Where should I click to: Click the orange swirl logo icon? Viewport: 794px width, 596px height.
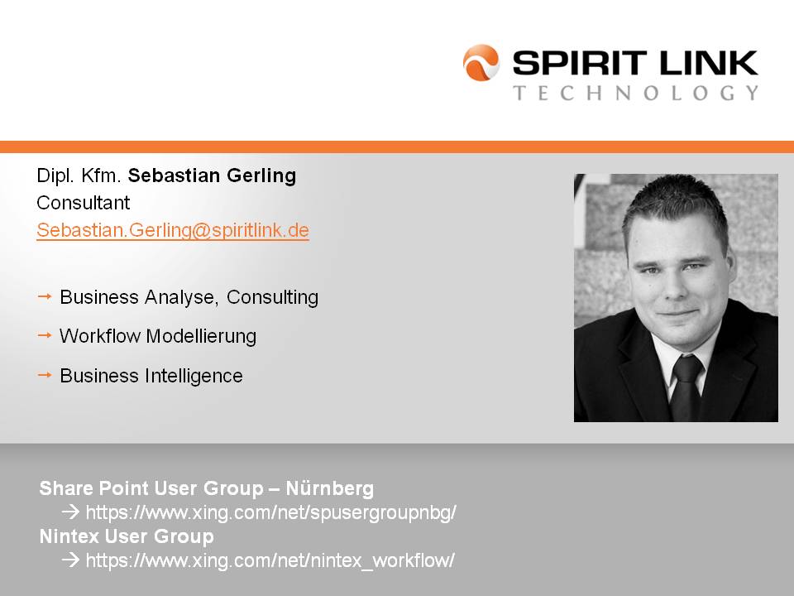click(481, 63)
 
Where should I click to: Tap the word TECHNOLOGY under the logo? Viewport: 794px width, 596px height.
click(635, 93)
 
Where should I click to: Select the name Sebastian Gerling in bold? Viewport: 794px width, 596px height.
click(212, 175)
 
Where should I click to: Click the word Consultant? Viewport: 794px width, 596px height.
click(83, 203)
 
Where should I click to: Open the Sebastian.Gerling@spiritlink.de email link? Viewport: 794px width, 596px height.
click(173, 230)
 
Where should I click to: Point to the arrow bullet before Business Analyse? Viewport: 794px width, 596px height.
click(45, 296)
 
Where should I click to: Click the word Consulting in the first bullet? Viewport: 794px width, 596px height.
click(272, 297)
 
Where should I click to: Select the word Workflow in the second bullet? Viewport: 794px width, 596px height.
click(99, 336)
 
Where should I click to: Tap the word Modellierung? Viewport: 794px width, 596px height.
click(200, 337)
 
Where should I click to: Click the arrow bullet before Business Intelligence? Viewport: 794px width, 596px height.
click(45, 375)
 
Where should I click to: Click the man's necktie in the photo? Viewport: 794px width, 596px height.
click(686, 387)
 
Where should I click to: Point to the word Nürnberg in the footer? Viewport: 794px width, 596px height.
click(330, 488)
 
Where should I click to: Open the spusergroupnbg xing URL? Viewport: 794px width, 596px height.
click(271, 513)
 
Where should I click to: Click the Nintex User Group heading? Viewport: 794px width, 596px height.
click(127, 536)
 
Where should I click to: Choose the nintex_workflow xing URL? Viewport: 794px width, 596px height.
click(270, 561)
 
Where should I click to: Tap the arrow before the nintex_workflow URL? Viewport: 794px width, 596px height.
click(71, 560)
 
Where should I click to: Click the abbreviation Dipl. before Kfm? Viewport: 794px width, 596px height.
click(55, 176)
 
